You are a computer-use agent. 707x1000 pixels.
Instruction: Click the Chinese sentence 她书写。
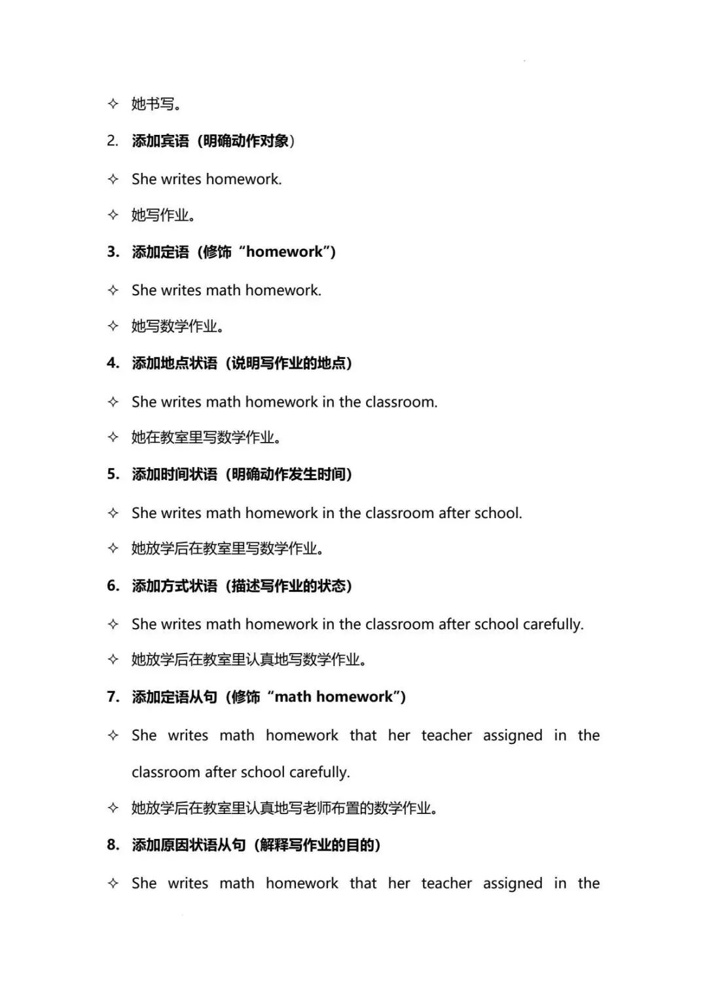156,103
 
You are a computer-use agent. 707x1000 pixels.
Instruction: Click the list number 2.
113,141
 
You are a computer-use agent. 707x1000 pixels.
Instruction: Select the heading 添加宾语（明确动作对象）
213,141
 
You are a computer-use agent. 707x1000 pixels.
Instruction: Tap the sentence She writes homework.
206,179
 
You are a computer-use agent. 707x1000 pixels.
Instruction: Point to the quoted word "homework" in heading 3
285,252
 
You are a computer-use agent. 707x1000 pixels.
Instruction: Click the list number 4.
113,363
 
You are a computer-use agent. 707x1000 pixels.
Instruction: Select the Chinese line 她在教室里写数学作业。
206,437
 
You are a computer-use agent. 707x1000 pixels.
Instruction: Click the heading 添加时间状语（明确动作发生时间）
242,474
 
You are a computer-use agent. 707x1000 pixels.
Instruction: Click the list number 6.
113,585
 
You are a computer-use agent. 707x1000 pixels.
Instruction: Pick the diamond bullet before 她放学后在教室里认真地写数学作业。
113,659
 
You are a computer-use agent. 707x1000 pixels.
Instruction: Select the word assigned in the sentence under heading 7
513,735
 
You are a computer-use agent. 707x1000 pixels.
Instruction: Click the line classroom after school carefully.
240,772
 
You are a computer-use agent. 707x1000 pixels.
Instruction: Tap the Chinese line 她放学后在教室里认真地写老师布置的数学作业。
284,808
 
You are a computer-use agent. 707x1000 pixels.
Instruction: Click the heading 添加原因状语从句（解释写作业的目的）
256,845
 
